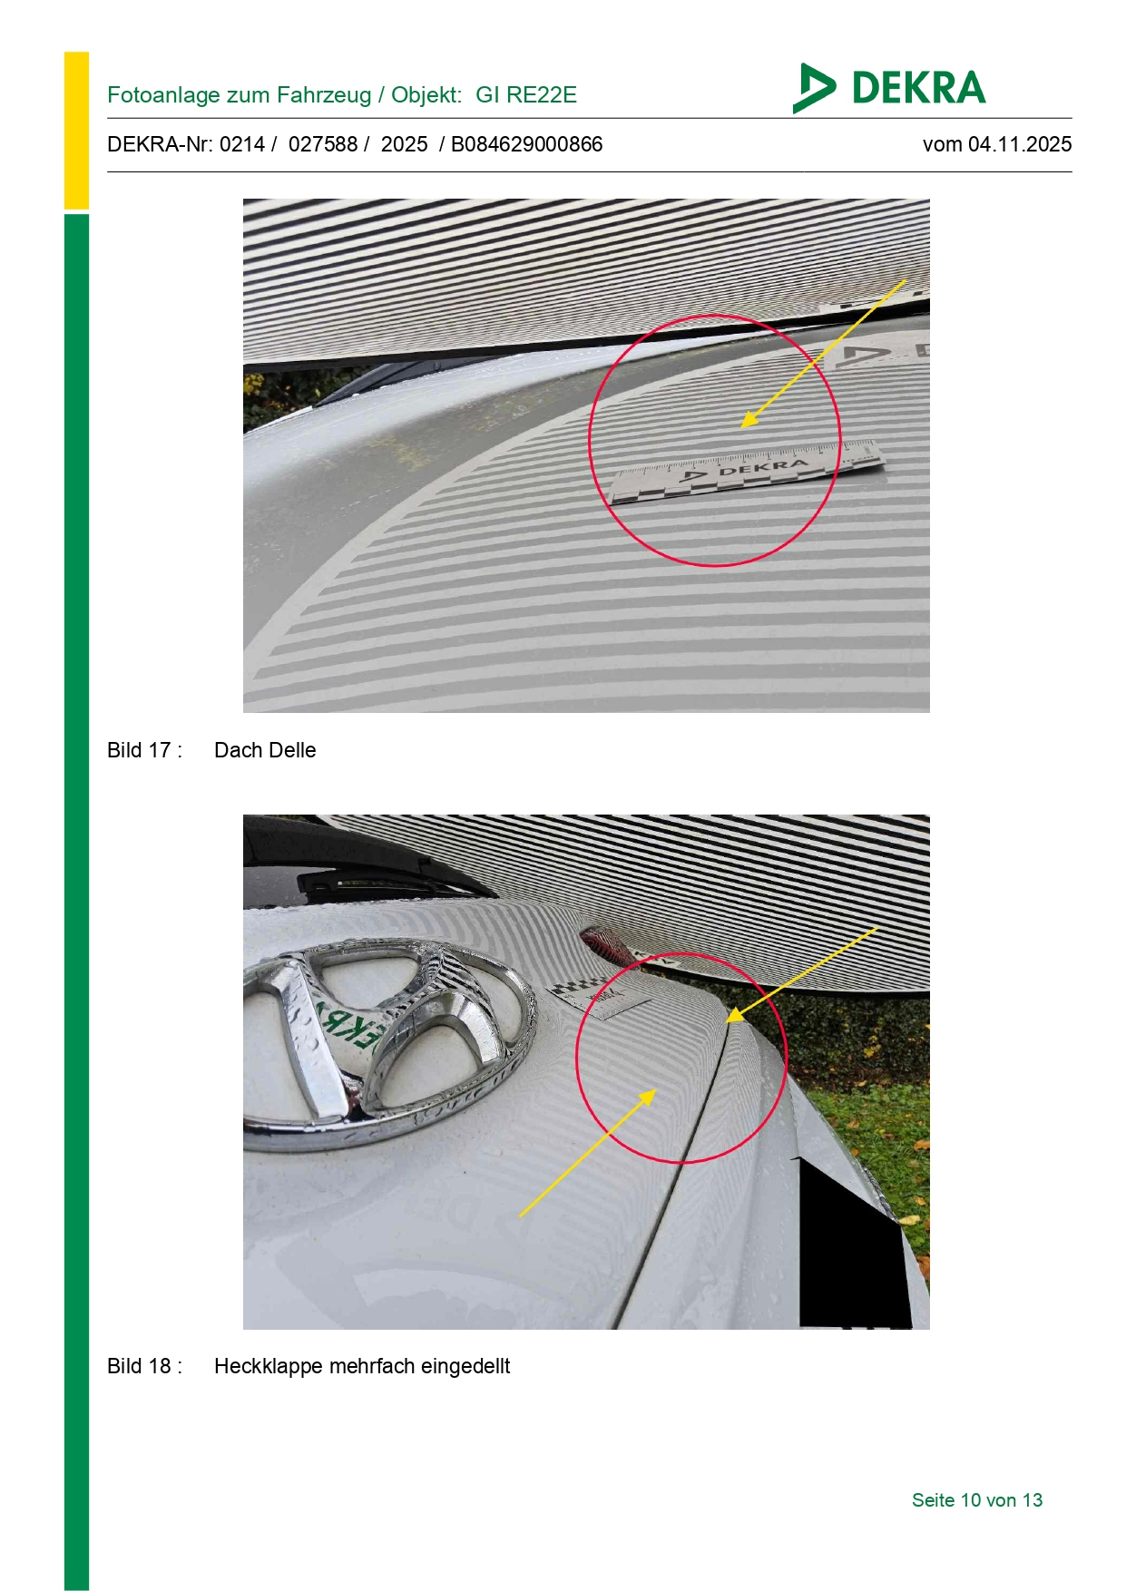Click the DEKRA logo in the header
tap(888, 88)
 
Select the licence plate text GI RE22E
tap(526, 95)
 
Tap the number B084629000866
tap(526, 144)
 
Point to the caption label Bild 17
tap(144, 750)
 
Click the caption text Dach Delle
tap(265, 750)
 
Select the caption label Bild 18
tap(144, 1366)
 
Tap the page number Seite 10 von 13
tap(977, 1500)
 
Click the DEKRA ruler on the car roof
tap(746, 470)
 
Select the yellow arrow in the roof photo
tap(824, 353)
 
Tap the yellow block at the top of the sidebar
tap(76, 131)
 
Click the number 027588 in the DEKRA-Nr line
tap(323, 144)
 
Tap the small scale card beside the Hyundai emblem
tap(600, 995)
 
